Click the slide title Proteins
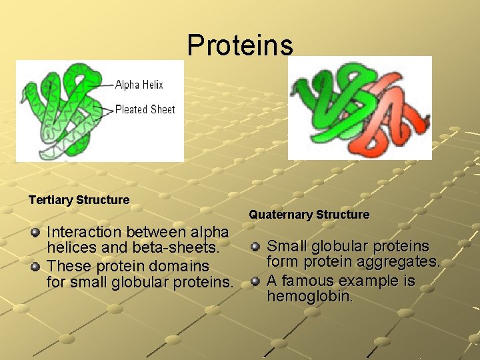(239, 45)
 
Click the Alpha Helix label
(139, 85)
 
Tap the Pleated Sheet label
(145, 109)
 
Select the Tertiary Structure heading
(79, 200)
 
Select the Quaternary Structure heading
(309, 215)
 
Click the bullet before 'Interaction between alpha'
(35, 233)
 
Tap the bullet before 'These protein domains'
(35, 267)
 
